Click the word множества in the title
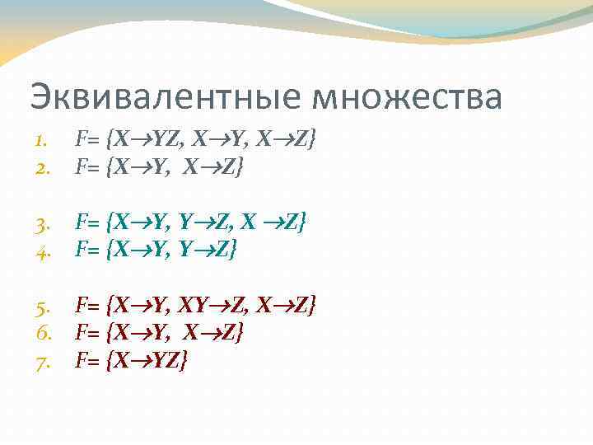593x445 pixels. (x=406, y=97)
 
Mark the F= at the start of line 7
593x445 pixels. (x=89, y=361)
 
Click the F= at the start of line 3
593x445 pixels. (x=89, y=222)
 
